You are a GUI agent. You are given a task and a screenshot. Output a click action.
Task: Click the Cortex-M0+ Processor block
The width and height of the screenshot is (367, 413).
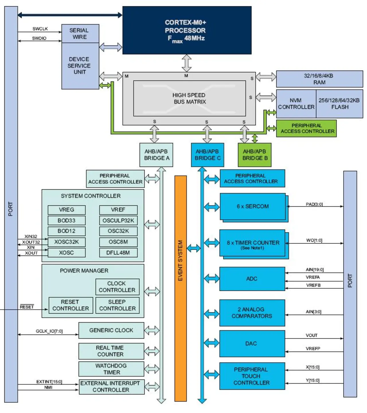[x=187, y=30]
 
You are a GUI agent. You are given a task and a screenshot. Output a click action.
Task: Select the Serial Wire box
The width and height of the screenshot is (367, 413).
[x=80, y=34]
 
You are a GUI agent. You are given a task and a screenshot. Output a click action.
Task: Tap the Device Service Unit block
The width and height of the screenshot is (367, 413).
[x=80, y=66]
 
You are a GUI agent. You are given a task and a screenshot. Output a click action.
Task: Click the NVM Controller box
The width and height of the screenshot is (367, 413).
[x=296, y=104]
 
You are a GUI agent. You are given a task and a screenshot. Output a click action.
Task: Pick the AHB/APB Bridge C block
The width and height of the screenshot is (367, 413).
[x=208, y=155]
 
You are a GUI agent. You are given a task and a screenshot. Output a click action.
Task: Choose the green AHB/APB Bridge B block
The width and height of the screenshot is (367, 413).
[x=255, y=155]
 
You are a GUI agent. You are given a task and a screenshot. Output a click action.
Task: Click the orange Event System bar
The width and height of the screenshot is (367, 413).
[x=181, y=289]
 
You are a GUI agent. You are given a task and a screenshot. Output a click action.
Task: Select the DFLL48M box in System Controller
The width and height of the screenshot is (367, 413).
[x=118, y=253]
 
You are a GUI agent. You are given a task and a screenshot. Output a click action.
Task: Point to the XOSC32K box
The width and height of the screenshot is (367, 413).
[x=67, y=242]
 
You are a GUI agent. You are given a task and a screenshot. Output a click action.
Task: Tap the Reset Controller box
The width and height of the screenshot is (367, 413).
[x=71, y=305]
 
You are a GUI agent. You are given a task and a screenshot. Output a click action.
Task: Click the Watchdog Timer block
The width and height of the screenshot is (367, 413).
[x=111, y=369]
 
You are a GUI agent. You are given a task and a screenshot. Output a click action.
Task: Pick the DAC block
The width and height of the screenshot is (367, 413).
[x=252, y=344]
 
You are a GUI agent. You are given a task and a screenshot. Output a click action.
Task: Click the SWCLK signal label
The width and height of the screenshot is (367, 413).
[x=40, y=29]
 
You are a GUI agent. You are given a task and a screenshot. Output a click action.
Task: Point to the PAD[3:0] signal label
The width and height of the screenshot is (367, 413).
[x=314, y=204]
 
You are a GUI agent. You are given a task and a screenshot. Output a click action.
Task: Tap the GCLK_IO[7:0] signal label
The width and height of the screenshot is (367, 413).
[x=49, y=331]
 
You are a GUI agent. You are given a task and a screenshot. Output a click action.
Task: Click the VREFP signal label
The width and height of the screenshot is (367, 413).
[x=313, y=348]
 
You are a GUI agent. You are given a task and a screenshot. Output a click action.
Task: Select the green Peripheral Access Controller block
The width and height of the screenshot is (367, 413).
[x=306, y=128]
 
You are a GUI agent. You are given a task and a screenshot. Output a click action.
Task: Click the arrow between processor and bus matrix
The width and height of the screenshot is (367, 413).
[x=186, y=63]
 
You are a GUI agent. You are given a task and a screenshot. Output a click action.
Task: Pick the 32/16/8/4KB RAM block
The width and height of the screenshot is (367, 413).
[x=319, y=79]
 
